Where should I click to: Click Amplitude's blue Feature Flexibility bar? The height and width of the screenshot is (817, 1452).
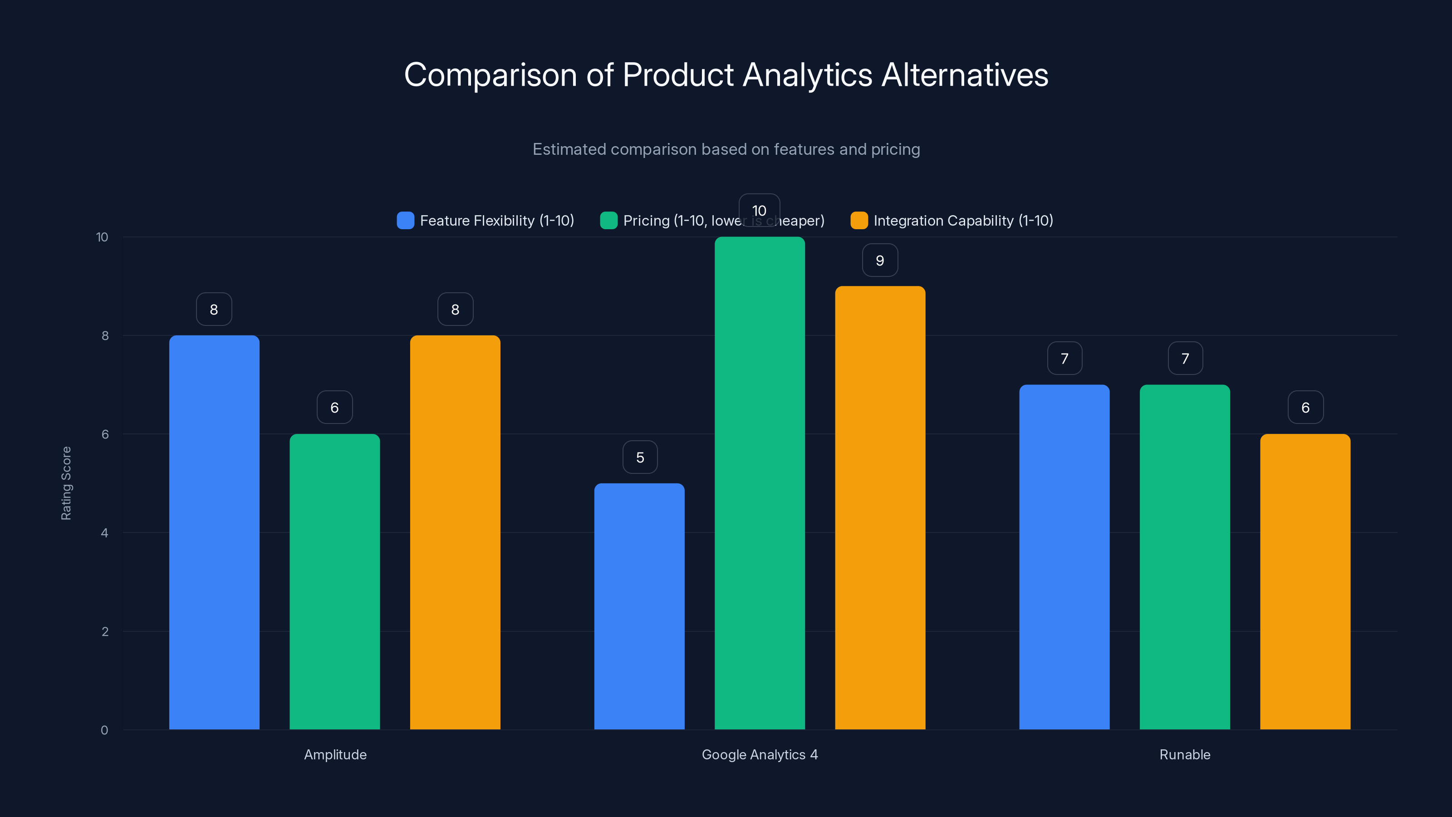[214, 532]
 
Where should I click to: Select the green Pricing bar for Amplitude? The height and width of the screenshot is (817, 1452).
[334, 581]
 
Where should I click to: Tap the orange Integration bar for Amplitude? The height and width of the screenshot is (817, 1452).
[455, 532]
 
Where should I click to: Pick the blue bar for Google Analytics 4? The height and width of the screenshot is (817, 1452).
[639, 606]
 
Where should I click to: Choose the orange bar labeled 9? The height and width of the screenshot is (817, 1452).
[880, 507]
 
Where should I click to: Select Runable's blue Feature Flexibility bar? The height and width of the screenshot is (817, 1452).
[1064, 557]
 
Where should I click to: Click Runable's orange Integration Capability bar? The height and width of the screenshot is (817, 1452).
[1305, 581]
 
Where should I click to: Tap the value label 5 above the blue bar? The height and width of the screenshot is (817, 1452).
[640, 457]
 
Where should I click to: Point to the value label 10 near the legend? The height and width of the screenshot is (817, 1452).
[759, 210]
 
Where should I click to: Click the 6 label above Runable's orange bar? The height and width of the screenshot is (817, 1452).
[1305, 408]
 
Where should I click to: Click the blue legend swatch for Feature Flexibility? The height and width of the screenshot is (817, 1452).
[405, 221]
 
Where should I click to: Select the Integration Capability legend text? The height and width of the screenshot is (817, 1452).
[963, 221]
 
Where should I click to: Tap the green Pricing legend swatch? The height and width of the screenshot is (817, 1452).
[609, 221]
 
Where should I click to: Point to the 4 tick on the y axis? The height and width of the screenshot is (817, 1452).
[104, 533]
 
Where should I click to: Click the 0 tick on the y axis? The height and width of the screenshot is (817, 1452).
[104, 730]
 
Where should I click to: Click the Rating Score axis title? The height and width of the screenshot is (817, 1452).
[66, 483]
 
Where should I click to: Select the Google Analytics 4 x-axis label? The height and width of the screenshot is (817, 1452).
[759, 754]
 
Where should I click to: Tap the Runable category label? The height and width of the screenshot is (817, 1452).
[1184, 754]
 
